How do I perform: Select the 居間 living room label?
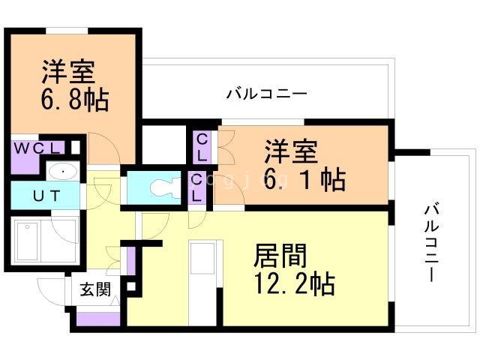pos(279,257)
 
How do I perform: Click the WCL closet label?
pos(39,148)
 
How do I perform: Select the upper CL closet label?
pos(202,147)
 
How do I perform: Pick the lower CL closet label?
pos(196,187)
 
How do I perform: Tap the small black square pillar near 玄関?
pos(132,286)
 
